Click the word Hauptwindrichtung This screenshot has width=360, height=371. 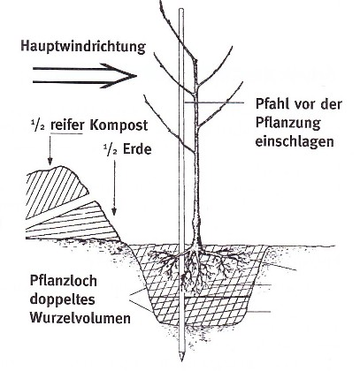(x=83, y=47)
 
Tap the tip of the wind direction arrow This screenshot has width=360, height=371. (x=137, y=76)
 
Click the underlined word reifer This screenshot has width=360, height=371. (x=67, y=125)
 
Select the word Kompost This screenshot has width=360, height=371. (x=119, y=125)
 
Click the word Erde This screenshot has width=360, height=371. (x=137, y=149)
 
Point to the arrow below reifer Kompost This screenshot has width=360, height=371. (x=50, y=149)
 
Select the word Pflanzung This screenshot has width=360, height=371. (x=287, y=123)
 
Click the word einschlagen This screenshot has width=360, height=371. (x=295, y=141)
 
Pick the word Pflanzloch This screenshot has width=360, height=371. (x=64, y=281)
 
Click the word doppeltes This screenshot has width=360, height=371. (x=63, y=299)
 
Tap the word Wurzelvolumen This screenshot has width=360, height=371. (x=80, y=318)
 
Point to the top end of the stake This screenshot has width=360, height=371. (x=181, y=10)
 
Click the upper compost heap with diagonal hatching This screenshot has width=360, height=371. (x=55, y=190)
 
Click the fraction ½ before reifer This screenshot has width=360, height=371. (x=38, y=125)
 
